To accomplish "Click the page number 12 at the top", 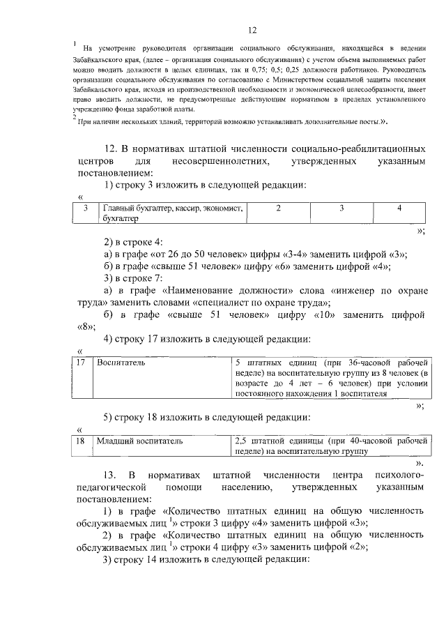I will pyautogui.click(x=252, y=30).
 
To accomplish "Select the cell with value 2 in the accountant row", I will pyautogui.click(x=278, y=208).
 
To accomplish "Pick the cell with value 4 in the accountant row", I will pyautogui.click(x=399, y=208).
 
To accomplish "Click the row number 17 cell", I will pyautogui.click(x=82, y=363).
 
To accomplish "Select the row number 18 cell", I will pyautogui.click(x=81, y=441).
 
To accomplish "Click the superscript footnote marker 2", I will pyautogui.click(x=74, y=118).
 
